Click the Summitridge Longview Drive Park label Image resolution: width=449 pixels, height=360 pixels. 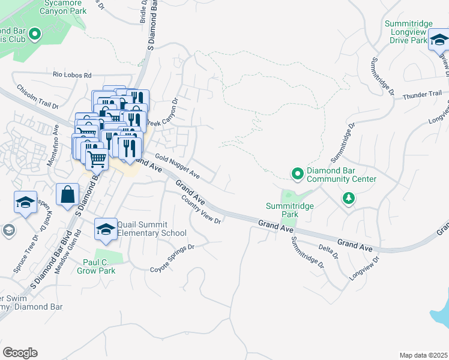coord(408,32)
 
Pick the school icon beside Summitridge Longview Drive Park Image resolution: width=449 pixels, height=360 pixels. coord(439,41)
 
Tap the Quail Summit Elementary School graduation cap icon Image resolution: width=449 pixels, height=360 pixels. coord(106,229)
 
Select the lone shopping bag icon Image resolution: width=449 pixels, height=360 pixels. coord(67,194)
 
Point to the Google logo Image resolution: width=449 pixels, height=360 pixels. coord(20,352)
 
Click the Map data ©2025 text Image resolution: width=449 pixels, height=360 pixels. coord(423,355)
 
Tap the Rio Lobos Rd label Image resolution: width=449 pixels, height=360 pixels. coord(72,76)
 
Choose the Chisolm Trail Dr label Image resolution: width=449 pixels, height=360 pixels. coord(37,97)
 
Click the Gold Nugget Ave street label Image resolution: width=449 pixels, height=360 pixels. coord(177,167)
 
